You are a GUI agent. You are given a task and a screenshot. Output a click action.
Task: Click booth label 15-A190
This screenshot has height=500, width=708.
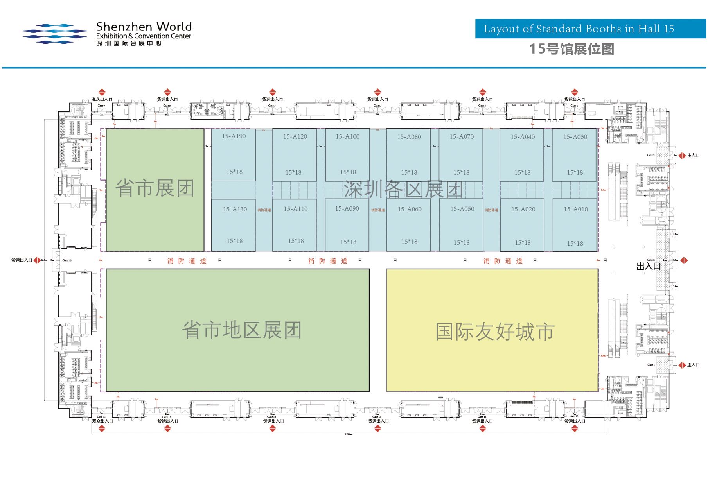(234, 136)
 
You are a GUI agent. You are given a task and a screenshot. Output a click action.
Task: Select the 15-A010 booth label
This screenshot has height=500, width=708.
(575, 210)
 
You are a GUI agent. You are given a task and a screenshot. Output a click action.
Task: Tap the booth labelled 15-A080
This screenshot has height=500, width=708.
(409, 137)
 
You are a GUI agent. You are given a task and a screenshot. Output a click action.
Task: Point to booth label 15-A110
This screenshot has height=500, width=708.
(296, 209)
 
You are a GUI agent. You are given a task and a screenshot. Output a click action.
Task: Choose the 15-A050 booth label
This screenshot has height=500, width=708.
(462, 209)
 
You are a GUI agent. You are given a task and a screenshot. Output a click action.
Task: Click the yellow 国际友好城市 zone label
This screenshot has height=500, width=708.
(495, 332)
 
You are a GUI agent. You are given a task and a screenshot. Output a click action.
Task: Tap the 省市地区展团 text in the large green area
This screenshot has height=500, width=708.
(242, 330)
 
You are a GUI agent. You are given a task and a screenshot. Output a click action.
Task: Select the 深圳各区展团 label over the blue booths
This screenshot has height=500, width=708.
(403, 189)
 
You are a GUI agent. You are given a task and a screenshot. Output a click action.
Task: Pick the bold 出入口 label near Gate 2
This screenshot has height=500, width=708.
(648, 267)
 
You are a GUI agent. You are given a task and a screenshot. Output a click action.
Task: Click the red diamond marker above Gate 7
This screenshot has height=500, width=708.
(273, 92)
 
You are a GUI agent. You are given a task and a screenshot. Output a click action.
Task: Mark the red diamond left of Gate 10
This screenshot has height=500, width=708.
(37, 260)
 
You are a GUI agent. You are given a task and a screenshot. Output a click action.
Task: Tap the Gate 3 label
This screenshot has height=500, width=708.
(650, 155)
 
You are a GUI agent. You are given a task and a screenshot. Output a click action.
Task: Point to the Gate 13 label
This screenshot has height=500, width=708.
(271, 417)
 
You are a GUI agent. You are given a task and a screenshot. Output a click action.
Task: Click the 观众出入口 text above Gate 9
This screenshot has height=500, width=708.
(102, 99)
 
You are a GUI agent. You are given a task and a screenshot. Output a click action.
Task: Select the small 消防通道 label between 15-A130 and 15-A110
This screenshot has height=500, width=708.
(264, 210)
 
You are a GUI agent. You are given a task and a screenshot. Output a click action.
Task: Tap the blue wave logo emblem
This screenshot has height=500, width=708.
(54, 34)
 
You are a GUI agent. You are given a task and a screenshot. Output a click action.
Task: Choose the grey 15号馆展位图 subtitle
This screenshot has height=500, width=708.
(571, 49)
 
